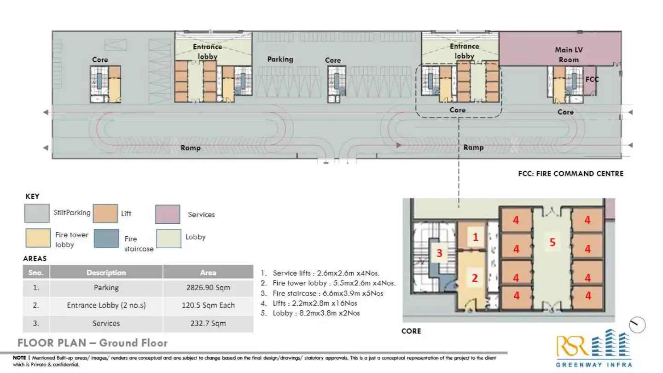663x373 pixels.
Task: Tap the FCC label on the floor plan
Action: pyautogui.click(x=592, y=79)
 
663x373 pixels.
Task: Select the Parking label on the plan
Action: pyautogui.click(x=280, y=59)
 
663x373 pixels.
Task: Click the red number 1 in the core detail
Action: pyautogui.click(x=476, y=237)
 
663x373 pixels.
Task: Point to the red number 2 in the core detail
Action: pyautogui.click(x=475, y=278)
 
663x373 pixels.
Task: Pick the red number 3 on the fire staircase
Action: pyautogui.click(x=439, y=253)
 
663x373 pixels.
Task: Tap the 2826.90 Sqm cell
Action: pyautogui.click(x=208, y=288)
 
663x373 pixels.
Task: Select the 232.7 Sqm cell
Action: pyautogui.click(x=208, y=323)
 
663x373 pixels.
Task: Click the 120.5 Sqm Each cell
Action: pyautogui.click(x=208, y=305)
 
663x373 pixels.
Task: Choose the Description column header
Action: pyautogui.click(x=106, y=273)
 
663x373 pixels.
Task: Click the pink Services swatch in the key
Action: pyautogui.click(x=168, y=214)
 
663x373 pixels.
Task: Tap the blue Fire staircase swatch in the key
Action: pyautogui.click(x=106, y=238)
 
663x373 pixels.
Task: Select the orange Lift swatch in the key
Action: pyautogui.click(x=105, y=213)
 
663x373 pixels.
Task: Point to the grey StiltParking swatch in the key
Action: pyautogui.click(x=37, y=213)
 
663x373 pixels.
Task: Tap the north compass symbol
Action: pyautogui.click(x=638, y=325)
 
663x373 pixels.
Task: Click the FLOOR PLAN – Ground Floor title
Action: pyautogui.click(x=93, y=343)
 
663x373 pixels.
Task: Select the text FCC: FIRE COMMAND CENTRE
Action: pyautogui.click(x=570, y=174)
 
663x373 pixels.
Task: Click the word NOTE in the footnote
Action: pyautogui.click(x=19, y=358)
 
